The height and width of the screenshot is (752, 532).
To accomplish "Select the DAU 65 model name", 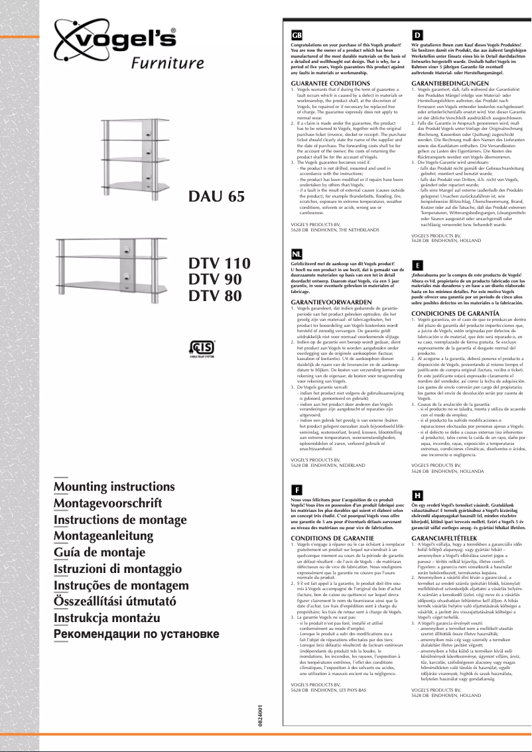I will point(217,197).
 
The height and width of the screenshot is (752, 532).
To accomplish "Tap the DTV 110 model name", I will point(220,263).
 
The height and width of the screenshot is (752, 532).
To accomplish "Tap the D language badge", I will point(417,34).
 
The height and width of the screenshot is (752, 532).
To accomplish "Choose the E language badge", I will point(417,264).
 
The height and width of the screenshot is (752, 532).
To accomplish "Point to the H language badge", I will point(417,495).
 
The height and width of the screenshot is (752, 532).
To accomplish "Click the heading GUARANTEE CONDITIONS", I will point(325,82).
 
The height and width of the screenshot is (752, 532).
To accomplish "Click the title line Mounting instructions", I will point(113,486).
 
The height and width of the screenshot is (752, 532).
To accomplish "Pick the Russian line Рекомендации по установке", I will point(136,634).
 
